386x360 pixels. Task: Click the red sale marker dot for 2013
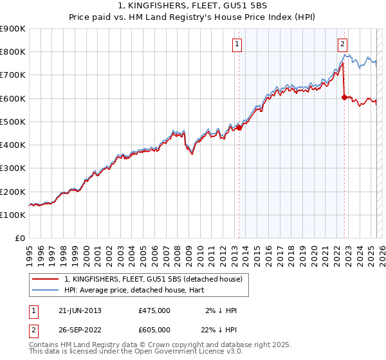[239, 127]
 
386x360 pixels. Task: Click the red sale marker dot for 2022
[344, 97]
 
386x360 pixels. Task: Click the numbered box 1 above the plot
[237, 44]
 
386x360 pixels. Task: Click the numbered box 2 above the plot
[342, 44]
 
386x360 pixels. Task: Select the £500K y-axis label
[13, 122]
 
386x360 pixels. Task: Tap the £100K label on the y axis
[13, 215]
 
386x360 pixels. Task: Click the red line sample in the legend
[46, 279]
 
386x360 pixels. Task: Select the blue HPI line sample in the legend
[46, 289]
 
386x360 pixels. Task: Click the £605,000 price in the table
[154, 329]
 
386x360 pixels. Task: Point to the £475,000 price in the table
[154, 310]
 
